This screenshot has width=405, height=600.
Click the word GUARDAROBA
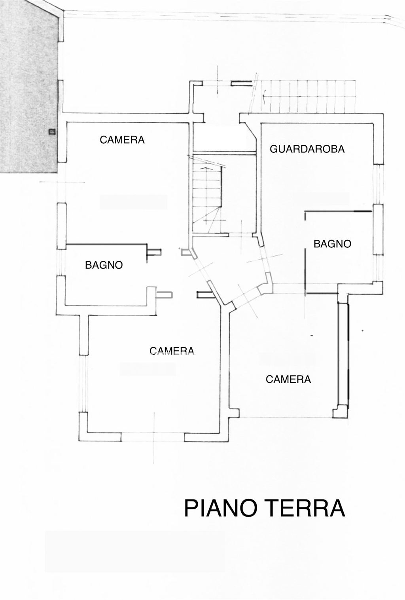click(x=307, y=149)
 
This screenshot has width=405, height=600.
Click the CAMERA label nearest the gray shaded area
click(x=122, y=140)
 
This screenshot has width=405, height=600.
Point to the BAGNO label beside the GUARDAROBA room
click(x=332, y=244)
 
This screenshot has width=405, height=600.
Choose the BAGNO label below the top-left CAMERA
click(x=104, y=265)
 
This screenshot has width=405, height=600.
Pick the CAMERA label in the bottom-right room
click(x=288, y=379)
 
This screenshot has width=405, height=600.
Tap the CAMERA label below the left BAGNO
click(x=172, y=351)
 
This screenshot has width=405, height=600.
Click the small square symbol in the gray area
click(x=51, y=132)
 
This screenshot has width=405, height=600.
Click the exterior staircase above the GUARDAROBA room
click(x=308, y=96)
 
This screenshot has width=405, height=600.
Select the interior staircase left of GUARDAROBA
click(x=207, y=194)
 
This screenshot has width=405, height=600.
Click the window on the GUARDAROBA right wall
click(x=379, y=184)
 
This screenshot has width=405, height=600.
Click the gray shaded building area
click(x=28, y=87)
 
